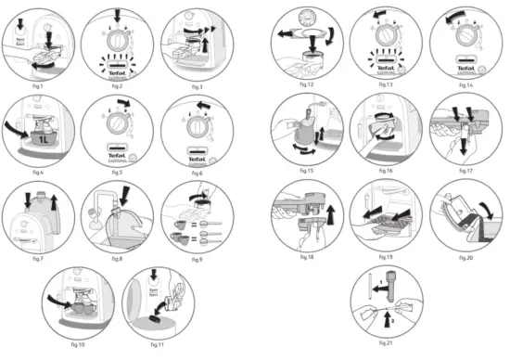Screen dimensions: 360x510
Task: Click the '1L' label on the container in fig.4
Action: click(41, 141)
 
